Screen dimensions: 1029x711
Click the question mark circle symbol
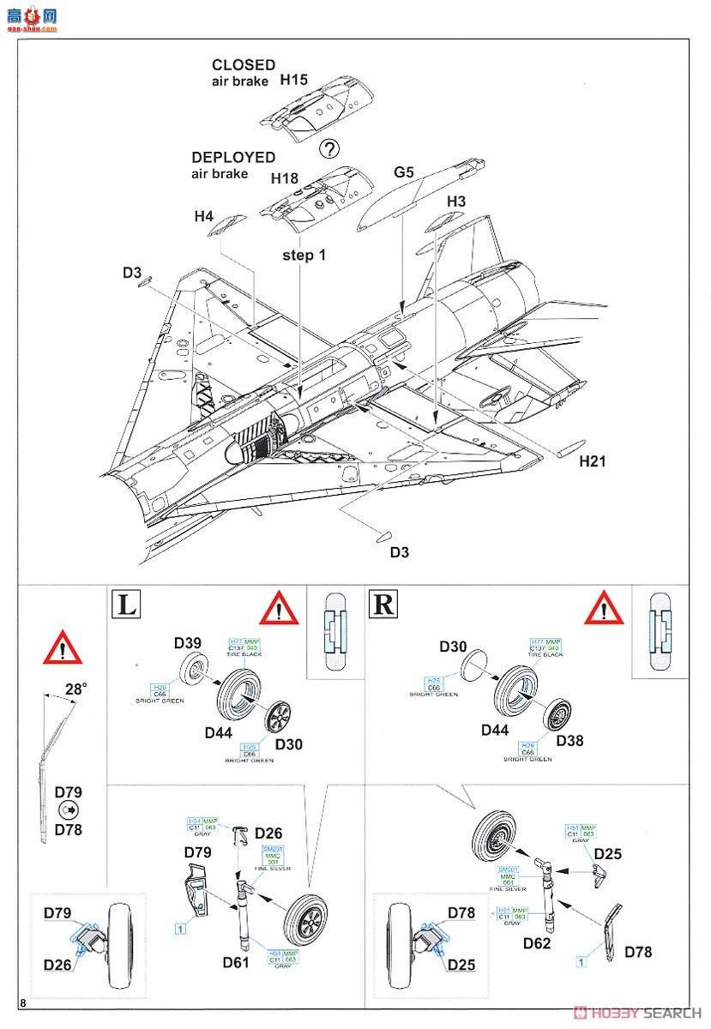[328, 148]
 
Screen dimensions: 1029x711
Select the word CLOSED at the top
[244, 64]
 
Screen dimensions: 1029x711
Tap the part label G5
[404, 172]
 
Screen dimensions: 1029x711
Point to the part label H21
[592, 461]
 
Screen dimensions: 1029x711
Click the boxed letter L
[125, 605]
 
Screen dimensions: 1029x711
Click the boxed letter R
[383, 605]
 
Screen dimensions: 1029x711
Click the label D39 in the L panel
[187, 643]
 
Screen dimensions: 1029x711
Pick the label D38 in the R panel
[569, 740]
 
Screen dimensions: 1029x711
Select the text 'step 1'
[304, 255]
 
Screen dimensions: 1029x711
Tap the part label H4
[203, 217]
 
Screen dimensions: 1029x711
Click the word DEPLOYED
[233, 158]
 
